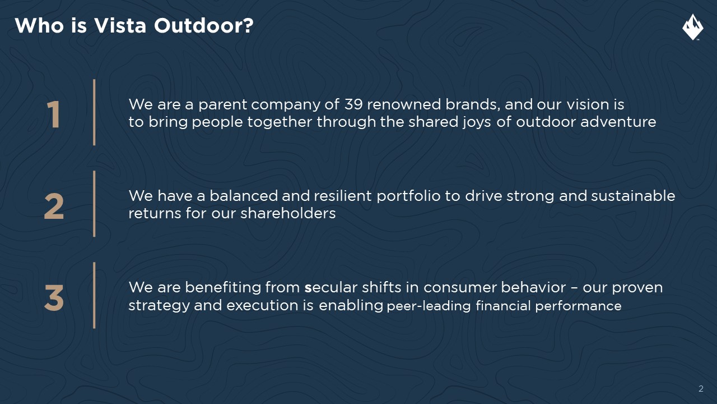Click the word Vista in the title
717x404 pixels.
(120, 25)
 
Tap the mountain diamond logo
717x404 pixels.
(693, 27)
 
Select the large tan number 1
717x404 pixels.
(53, 114)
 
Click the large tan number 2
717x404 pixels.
(54, 206)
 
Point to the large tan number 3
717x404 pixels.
(54, 298)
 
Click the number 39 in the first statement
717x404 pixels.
(353, 104)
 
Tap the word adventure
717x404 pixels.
(618, 122)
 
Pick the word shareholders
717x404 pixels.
(288, 213)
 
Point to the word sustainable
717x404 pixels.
(633, 196)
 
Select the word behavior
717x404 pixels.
(533, 287)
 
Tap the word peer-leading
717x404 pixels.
(429, 306)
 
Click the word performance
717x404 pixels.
(579, 306)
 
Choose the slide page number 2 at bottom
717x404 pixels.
(701, 389)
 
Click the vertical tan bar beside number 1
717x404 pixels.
(94, 113)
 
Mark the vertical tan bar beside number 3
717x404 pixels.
(94, 295)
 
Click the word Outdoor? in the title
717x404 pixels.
(203, 25)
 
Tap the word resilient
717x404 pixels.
(343, 196)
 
